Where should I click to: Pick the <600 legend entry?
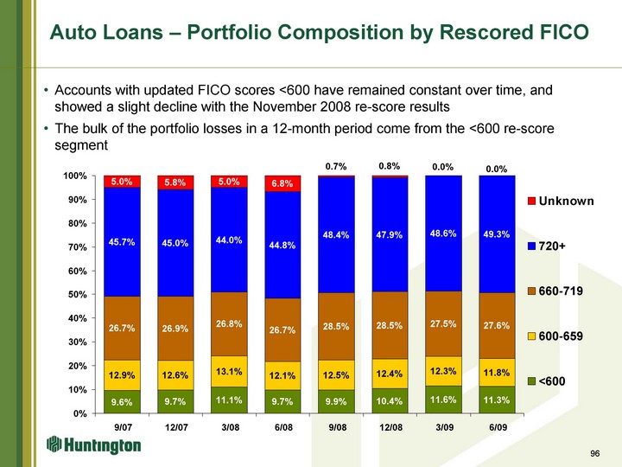(554, 381)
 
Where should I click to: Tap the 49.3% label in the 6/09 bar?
(496, 233)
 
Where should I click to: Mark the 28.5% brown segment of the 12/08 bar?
(390, 326)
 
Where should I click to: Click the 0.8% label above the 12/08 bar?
(390, 164)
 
